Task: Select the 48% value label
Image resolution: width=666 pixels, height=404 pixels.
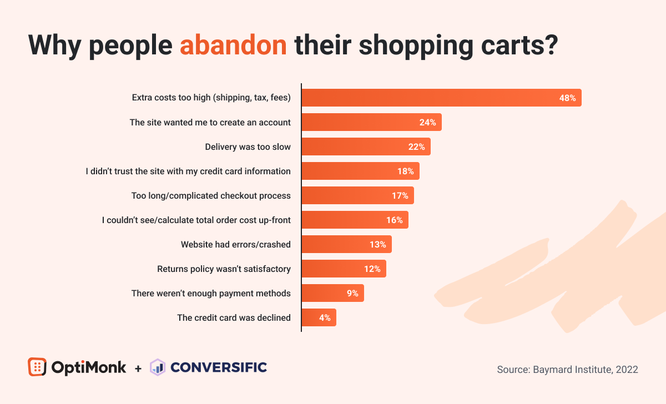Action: [x=567, y=98]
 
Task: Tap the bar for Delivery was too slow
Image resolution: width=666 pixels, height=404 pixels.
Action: [x=366, y=147]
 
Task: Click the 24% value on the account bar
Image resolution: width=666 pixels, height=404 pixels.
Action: [x=427, y=122]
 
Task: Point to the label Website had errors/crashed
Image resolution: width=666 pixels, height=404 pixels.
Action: [x=235, y=244]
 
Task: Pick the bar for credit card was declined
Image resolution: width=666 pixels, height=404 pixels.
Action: [x=319, y=317]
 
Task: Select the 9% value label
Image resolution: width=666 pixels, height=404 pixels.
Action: [x=352, y=293]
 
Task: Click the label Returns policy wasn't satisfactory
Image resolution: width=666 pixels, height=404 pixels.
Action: [x=224, y=269]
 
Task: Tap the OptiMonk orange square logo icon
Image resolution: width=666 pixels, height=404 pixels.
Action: [x=37, y=367]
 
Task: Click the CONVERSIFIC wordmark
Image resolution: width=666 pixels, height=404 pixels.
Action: [x=219, y=367]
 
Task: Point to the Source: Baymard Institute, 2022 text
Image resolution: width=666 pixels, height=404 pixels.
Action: [x=567, y=369]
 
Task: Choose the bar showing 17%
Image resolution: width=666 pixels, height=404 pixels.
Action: [x=357, y=195]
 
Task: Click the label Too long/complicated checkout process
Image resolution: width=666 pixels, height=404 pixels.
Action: [x=211, y=195]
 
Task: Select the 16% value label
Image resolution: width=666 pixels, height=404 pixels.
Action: [x=394, y=220]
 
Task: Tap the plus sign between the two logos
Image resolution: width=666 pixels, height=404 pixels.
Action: [x=138, y=368]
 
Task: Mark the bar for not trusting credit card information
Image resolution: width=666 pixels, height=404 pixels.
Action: [x=360, y=171]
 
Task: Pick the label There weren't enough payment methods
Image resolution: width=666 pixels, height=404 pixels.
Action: [x=211, y=293]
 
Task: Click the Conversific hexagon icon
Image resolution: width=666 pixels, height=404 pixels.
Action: [x=158, y=367]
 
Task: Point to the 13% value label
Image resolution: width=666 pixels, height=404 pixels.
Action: [x=377, y=244]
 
